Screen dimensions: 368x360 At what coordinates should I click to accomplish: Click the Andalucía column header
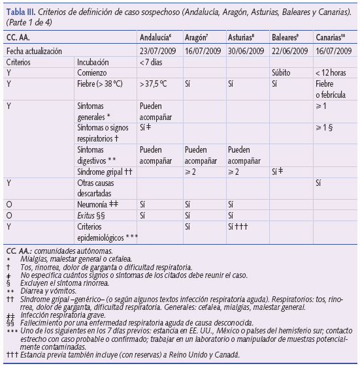[x=157, y=38]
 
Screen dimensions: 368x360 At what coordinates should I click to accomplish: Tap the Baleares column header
[x=286, y=38]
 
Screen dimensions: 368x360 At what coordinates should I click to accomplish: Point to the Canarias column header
[x=331, y=38]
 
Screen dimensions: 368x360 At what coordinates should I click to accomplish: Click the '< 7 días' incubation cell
[x=152, y=62]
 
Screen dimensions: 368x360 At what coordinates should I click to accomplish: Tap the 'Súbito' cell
[x=282, y=73]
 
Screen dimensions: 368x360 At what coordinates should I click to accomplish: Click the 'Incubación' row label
[x=92, y=62]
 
